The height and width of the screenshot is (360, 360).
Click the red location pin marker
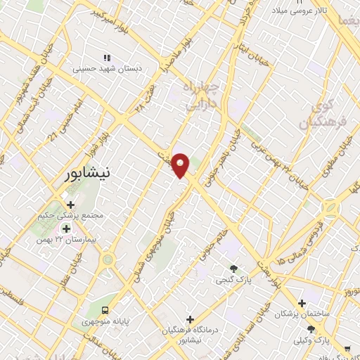point(181,165)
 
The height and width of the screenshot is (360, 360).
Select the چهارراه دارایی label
point(202,96)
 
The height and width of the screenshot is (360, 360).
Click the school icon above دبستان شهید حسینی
point(107,58)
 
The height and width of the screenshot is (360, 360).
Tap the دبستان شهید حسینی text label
point(107,69)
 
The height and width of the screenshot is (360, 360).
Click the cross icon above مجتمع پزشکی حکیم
point(70,205)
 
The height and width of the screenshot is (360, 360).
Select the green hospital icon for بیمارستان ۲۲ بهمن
point(67,229)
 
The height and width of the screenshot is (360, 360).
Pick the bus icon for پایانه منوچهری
point(105,310)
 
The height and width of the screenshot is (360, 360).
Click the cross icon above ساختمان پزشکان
point(302,304)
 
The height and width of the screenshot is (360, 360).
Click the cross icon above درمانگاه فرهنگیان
point(190,319)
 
